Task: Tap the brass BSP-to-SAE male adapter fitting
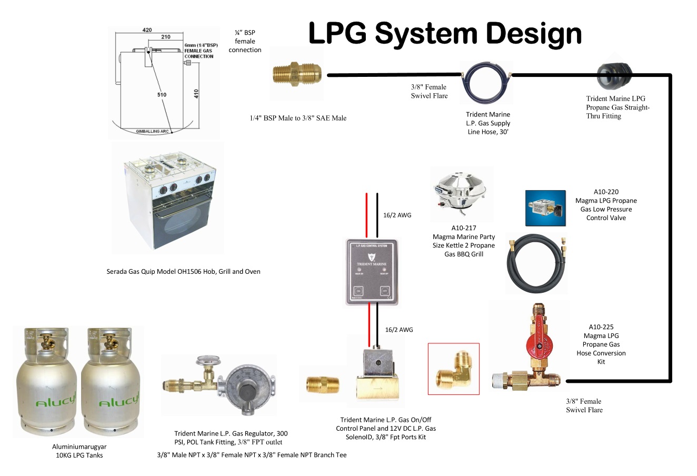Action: [x=297, y=74]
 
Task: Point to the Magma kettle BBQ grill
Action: [x=461, y=192]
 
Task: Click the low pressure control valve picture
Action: [x=545, y=209]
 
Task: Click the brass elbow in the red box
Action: [x=453, y=369]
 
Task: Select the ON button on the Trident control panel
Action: [x=359, y=291]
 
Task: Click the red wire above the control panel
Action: [x=367, y=216]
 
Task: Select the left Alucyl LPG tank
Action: [x=46, y=384]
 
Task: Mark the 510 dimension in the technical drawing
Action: [x=162, y=95]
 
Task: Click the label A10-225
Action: [x=601, y=327]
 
